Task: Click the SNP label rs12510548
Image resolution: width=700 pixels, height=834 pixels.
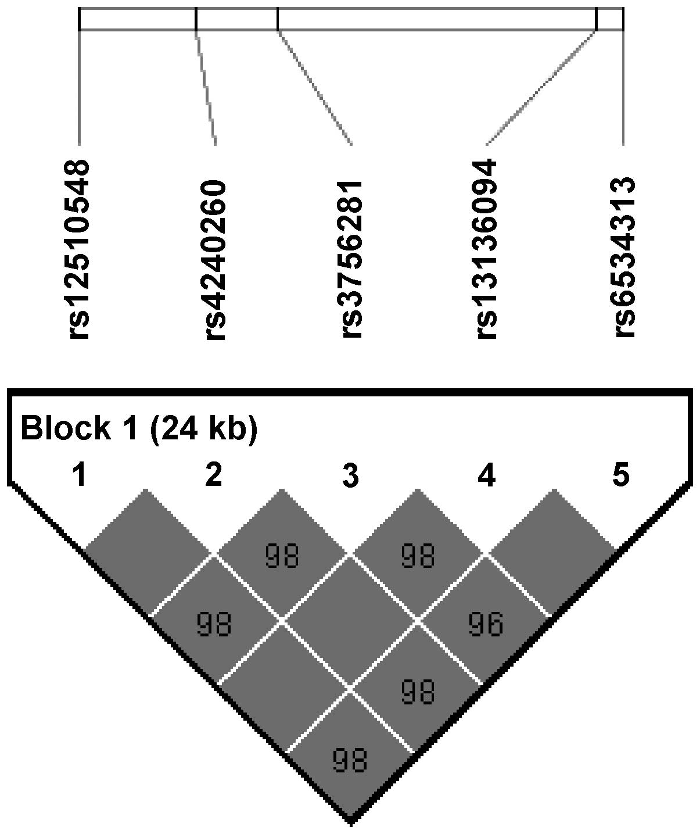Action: (79, 250)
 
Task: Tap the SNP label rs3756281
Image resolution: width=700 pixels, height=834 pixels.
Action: (352, 259)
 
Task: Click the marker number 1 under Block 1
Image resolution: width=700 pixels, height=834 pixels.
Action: (79, 475)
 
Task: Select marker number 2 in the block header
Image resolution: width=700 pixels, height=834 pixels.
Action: (214, 475)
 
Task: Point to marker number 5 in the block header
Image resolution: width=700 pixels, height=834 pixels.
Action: (621, 475)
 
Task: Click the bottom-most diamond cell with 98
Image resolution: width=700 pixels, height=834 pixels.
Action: (350, 759)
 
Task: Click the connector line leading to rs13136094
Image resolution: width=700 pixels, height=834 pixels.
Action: (540, 87)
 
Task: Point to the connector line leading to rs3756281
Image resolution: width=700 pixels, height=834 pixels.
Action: (315, 87)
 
